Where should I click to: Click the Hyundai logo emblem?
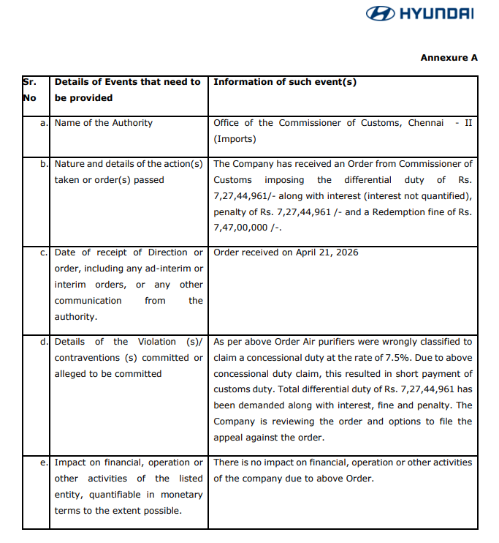380,13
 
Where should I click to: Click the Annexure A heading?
449,57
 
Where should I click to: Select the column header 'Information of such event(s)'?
285,82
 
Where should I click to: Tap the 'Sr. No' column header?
30,89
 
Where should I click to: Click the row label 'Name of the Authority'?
104,123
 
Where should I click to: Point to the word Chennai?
426,123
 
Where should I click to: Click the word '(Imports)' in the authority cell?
234,139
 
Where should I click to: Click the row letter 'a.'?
45,123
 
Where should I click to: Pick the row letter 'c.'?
45,252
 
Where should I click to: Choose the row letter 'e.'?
45,463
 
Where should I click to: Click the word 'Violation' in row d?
161,342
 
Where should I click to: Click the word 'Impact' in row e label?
70,463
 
